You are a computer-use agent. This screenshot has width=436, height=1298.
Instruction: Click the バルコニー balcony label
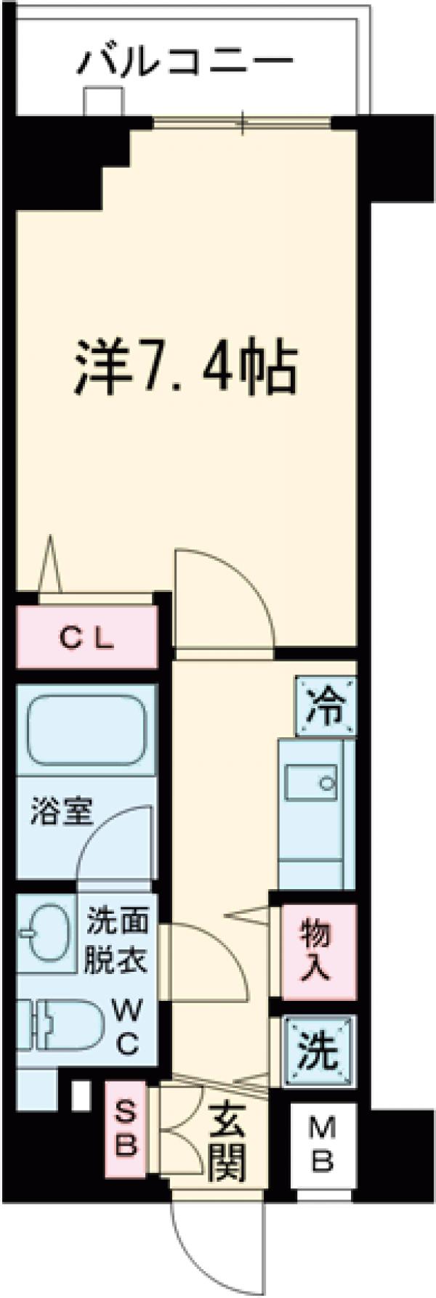(186, 62)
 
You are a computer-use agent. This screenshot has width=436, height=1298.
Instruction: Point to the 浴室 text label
(61, 812)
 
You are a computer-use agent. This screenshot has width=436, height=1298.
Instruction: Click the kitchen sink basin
(311, 784)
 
